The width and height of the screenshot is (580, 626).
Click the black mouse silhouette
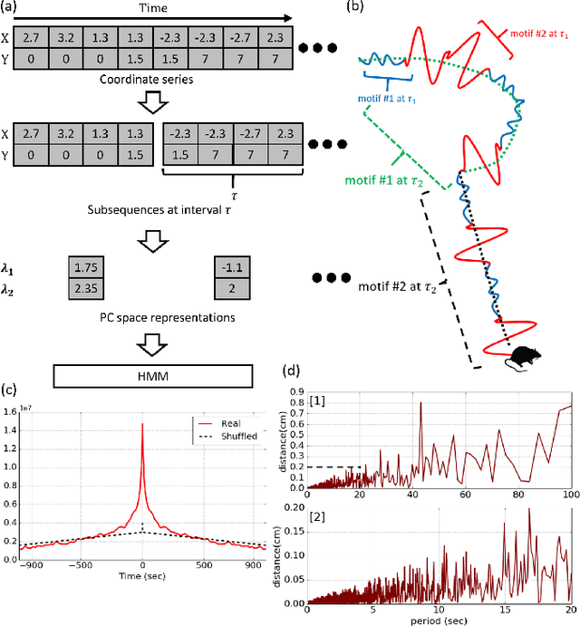pos(520,358)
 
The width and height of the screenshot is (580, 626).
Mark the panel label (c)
pos(11,391)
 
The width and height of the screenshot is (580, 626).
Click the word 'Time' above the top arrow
pos(150,7)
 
